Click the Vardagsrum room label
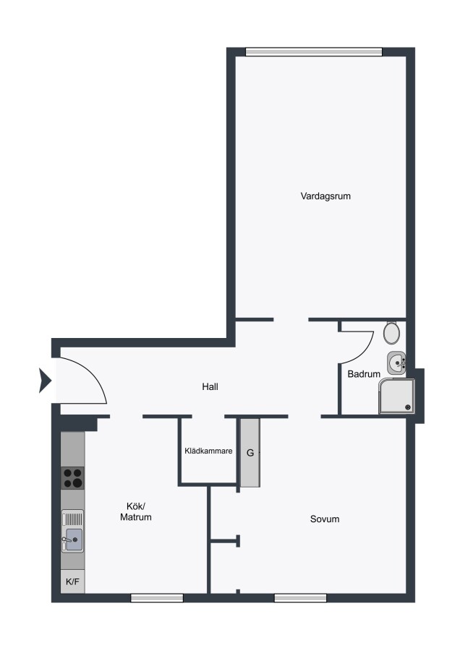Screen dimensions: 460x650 click(x=325, y=196)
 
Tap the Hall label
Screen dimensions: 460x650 click(x=210, y=387)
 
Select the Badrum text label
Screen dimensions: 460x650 click(x=364, y=374)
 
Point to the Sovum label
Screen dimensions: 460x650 click(x=325, y=519)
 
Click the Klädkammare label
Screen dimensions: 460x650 click(x=208, y=451)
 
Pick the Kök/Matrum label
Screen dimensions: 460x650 click(x=136, y=511)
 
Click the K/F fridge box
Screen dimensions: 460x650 click(x=72, y=581)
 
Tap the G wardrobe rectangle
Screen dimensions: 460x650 click(x=250, y=453)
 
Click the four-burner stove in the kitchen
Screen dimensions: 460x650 click(x=72, y=478)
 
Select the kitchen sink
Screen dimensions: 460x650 click(x=72, y=531)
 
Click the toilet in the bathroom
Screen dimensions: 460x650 click(x=391, y=332)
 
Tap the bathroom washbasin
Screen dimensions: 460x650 click(x=396, y=363)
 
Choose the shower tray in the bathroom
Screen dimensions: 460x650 click(x=396, y=396)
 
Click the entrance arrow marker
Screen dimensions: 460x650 click(x=45, y=380)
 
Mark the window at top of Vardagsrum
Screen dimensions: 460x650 click(x=313, y=52)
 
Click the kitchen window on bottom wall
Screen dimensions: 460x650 click(x=157, y=598)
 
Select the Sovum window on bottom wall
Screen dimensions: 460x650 click(x=300, y=598)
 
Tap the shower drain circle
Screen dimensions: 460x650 click(x=408, y=407)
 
